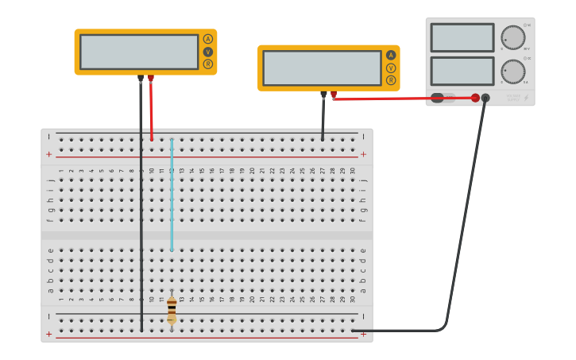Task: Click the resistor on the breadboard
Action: point(172,310)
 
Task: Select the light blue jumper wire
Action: point(172,195)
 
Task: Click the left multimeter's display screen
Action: point(139,52)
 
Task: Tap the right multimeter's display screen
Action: point(322,68)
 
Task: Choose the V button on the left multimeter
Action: point(208,52)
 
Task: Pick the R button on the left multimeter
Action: point(208,64)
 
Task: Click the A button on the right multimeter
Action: point(391,55)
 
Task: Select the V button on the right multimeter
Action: point(391,68)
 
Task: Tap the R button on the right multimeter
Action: point(391,80)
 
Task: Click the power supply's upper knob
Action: point(513,37)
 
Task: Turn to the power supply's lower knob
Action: point(513,72)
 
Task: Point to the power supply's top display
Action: point(462,37)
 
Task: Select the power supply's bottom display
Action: point(462,71)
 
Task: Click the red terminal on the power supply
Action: point(475,98)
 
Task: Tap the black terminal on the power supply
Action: point(485,98)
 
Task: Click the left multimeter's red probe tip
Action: point(151,79)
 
